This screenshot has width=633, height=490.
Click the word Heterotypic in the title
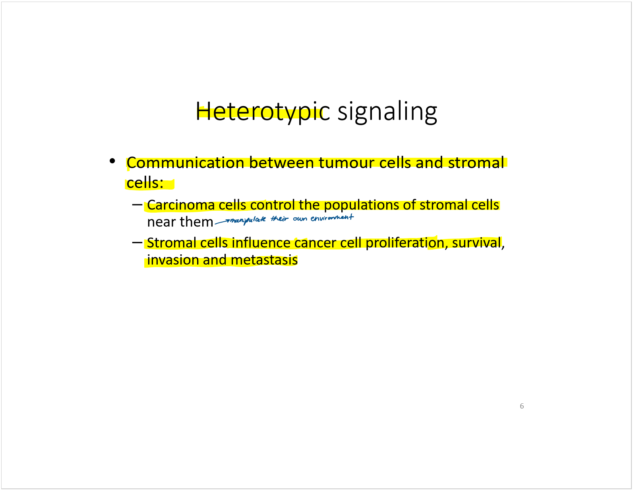263,112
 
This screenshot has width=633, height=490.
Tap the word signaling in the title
387,113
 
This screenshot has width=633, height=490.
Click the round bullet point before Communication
112,161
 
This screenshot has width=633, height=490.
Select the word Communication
185,163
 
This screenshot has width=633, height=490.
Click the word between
281,163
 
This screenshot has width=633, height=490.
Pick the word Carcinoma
181,205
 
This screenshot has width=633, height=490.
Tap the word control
273,205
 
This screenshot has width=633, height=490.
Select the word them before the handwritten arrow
197,222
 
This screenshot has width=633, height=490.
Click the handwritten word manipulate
248,220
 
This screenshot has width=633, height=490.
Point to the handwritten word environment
332,218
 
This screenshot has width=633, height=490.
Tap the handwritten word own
300,219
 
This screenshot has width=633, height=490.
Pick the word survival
476,243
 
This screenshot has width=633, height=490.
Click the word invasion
173,260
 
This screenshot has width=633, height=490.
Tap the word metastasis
264,260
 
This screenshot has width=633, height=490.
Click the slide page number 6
522,406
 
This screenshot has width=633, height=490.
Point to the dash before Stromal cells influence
137,242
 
